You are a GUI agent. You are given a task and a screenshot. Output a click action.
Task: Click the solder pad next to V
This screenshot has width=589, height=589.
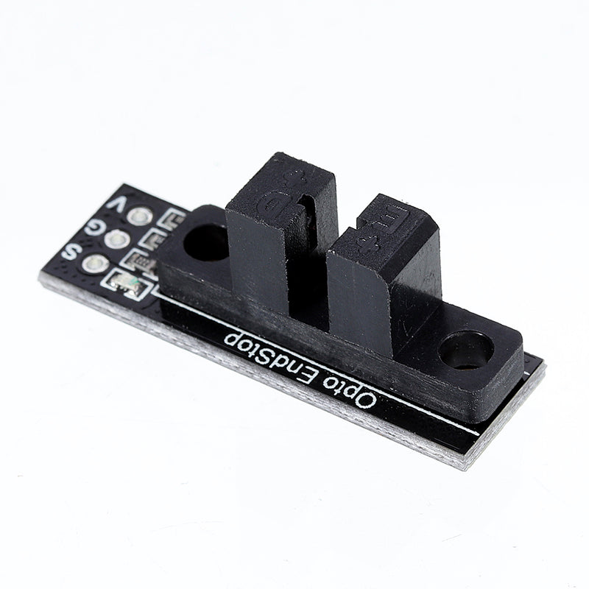coord(139,216)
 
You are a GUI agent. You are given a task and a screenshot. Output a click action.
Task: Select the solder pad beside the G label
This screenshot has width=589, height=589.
coord(116,239)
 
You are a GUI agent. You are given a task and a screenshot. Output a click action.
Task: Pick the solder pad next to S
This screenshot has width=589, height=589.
coord(94,263)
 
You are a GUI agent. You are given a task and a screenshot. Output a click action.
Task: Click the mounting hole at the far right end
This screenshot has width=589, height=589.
coord(465,349)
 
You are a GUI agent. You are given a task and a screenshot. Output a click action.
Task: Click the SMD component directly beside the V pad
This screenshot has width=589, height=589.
coord(174,218)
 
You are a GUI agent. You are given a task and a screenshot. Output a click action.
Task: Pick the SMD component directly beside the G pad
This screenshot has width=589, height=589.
coord(158,238)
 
